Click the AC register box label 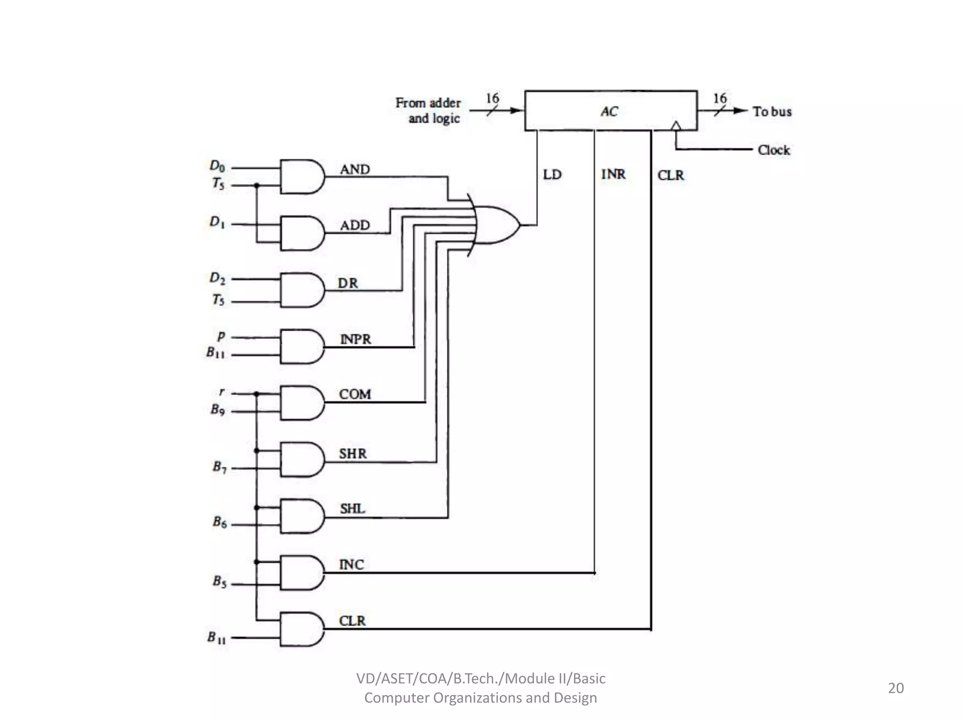609,112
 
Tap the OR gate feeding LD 496,225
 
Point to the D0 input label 217,166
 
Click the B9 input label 217,410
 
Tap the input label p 221,336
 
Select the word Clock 774,150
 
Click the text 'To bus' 772,112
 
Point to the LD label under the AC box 552,175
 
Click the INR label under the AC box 613,175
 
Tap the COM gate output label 355,394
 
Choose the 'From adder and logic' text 428,110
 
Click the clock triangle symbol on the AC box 675,125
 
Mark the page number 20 895,688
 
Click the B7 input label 219,467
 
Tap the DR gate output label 348,283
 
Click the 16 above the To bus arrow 720,98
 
